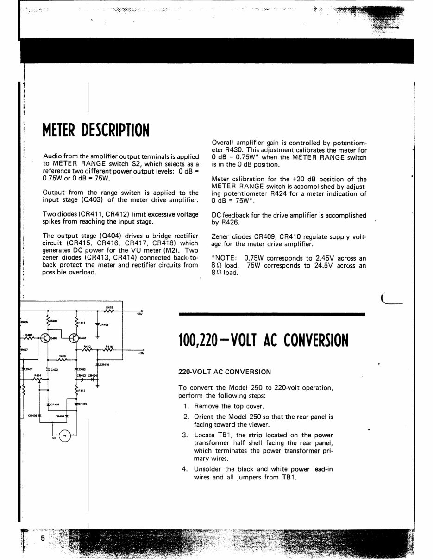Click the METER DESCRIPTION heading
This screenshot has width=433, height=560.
tap(96, 130)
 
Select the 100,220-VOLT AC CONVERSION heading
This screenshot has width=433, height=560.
tap(263, 341)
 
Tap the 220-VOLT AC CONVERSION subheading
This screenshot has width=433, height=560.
tap(225, 372)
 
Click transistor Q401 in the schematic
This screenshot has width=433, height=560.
tap(45, 338)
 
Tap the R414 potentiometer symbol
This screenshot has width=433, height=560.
tap(38, 379)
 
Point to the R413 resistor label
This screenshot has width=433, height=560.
tap(82, 391)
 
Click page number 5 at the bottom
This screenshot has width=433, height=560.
tap(43, 538)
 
